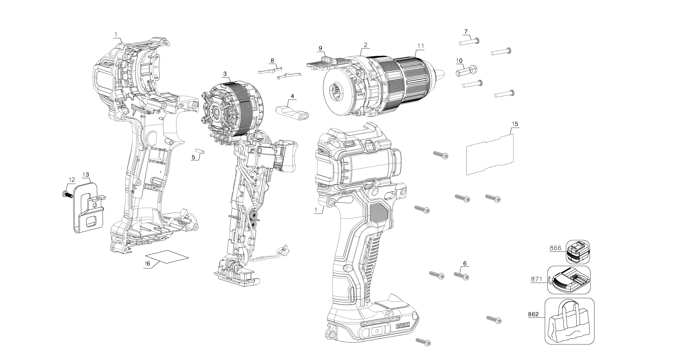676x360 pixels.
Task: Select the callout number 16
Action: (x=147, y=264)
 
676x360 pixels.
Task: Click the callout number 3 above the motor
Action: (x=225, y=74)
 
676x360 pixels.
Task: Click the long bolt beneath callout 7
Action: (x=470, y=42)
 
